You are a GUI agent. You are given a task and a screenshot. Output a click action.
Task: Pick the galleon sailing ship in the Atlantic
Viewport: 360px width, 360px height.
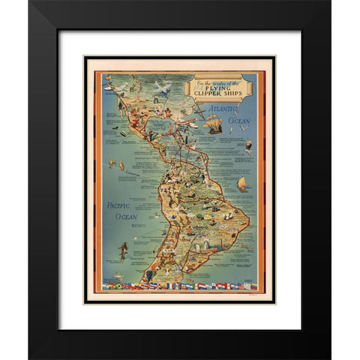point(215,124)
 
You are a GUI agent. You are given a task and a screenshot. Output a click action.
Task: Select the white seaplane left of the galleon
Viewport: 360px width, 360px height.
point(194,124)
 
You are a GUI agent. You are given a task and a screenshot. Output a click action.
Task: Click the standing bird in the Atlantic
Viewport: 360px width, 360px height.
point(248,147)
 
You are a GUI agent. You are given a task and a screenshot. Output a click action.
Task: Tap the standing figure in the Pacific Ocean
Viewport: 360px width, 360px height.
point(122,251)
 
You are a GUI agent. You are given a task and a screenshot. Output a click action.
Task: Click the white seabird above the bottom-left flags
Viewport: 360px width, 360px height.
point(118,275)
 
